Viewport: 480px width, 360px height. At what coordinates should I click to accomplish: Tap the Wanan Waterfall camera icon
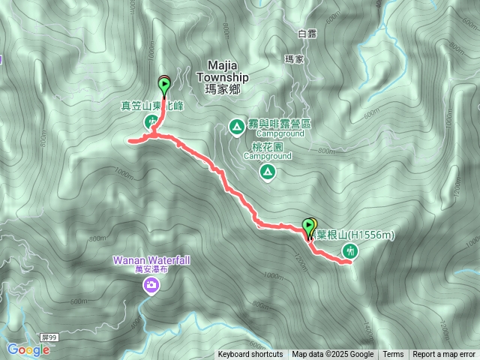click(x=151, y=286)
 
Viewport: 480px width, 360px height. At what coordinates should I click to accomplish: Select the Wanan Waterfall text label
click(x=151, y=259)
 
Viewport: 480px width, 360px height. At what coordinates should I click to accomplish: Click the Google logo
click(x=28, y=349)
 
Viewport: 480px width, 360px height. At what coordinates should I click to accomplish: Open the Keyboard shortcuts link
click(x=250, y=355)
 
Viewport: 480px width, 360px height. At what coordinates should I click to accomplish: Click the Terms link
click(x=393, y=355)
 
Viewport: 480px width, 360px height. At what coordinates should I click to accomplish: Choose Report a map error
click(x=444, y=355)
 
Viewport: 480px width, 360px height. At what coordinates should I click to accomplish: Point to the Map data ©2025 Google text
click(x=333, y=355)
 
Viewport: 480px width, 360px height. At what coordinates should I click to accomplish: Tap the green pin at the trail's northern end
click(x=164, y=84)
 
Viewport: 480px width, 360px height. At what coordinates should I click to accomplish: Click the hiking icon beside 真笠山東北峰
click(x=151, y=120)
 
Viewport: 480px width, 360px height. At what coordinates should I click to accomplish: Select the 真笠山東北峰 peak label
click(x=152, y=106)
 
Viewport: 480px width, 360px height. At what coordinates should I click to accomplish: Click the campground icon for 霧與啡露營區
click(x=237, y=127)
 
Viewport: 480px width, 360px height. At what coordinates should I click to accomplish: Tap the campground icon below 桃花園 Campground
click(x=267, y=173)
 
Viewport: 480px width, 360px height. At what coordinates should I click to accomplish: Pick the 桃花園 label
click(x=262, y=148)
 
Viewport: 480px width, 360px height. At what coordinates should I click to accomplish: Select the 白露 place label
click(x=307, y=34)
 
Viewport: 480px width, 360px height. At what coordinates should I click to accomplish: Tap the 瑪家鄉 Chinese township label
click(x=222, y=88)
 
